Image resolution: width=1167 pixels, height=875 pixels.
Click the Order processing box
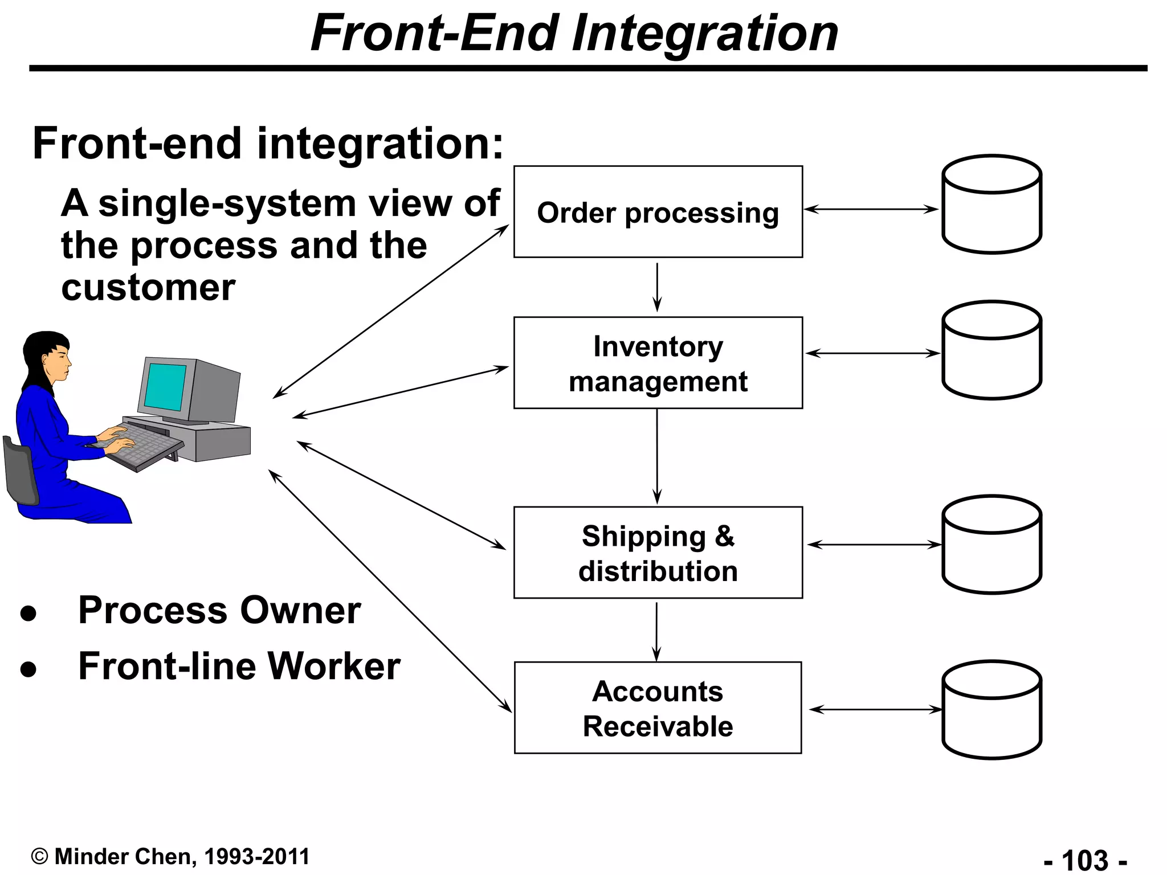click(658, 212)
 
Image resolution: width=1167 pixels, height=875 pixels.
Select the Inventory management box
click(658, 363)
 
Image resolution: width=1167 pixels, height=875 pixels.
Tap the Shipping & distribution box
click(658, 553)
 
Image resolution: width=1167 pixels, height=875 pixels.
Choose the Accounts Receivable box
click(658, 708)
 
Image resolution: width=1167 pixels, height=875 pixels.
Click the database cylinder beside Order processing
click(991, 205)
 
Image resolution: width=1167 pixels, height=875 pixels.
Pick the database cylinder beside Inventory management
click(991, 350)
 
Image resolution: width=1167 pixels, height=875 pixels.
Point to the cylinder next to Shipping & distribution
click(991, 545)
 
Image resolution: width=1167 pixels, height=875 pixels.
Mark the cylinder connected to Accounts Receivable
click(991, 710)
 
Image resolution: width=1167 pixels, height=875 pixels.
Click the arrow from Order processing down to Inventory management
click(657, 287)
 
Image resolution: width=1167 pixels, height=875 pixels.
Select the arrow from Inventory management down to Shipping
click(657, 456)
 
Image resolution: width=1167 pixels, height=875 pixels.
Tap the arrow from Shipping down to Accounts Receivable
click(656, 630)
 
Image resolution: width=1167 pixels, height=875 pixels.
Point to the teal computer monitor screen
click(165, 386)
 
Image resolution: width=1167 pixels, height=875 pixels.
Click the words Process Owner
click(219, 610)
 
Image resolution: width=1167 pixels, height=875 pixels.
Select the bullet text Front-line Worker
click(239, 666)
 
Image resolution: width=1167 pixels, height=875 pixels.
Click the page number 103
click(1085, 860)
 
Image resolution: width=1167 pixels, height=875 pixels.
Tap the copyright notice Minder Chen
click(171, 856)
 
